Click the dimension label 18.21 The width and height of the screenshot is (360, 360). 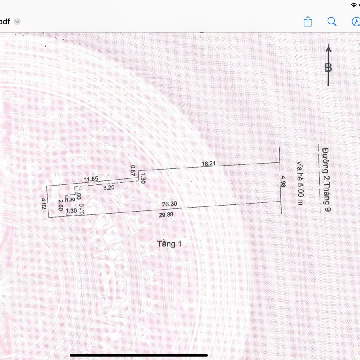tap(208, 164)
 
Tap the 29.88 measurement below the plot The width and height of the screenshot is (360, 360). tap(166, 215)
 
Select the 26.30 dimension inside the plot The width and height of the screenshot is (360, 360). tap(170, 204)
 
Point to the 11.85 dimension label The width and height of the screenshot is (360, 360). tap(91, 179)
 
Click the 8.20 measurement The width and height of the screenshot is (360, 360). tap(108, 188)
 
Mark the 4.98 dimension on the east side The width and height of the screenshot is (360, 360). tap(283, 182)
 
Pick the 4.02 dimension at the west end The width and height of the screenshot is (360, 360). tap(44, 204)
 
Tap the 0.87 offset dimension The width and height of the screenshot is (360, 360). tap(133, 170)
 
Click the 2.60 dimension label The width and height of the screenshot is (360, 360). tap(61, 205)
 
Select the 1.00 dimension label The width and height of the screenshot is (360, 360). tap(78, 194)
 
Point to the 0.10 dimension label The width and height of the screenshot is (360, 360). tap(82, 209)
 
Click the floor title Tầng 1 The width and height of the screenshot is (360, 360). tap(170, 244)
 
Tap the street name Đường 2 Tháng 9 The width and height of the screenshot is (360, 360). tap(326, 179)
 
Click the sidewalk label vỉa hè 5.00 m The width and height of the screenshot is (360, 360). tap(300, 183)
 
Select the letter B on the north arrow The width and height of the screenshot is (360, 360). tap(328, 68)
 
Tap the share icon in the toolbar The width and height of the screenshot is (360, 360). tap(308, 22)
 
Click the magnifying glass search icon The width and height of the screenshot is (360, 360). tap(332, 22)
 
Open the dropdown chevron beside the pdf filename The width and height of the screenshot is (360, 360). tap(17, 22)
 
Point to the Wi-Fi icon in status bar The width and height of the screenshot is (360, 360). tap(354, 5)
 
